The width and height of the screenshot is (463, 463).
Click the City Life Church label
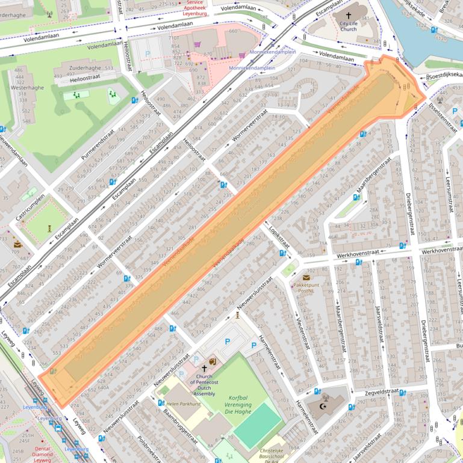348,25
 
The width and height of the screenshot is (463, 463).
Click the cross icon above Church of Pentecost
203,369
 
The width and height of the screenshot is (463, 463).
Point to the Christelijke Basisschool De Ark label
269,455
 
